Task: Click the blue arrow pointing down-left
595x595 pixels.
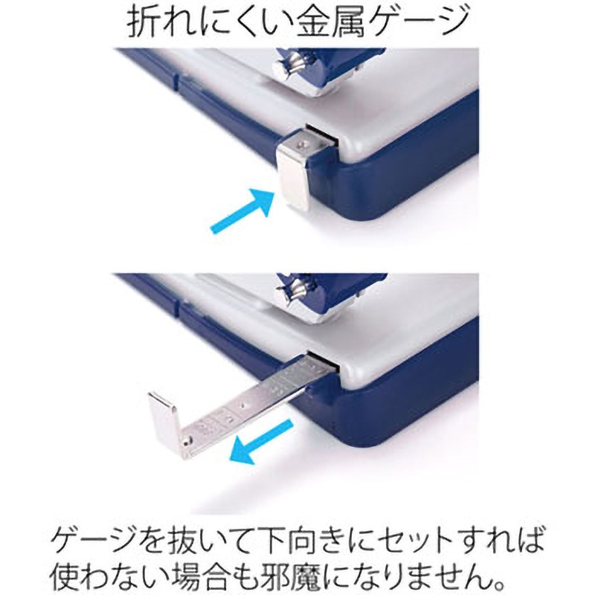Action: click(x=262, y=442)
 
